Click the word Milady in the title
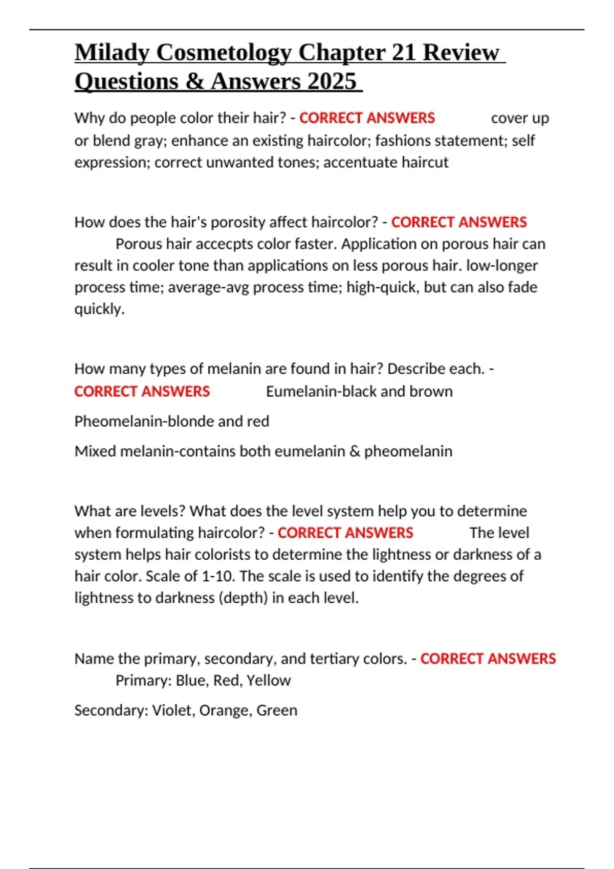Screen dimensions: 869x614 point(112,53)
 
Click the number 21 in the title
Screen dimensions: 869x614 point(404,53)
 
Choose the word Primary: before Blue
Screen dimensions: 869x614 point(144,681)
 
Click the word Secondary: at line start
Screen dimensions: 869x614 point(111,711)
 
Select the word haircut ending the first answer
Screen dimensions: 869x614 point(425,163)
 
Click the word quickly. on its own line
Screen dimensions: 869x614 point(99,309)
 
